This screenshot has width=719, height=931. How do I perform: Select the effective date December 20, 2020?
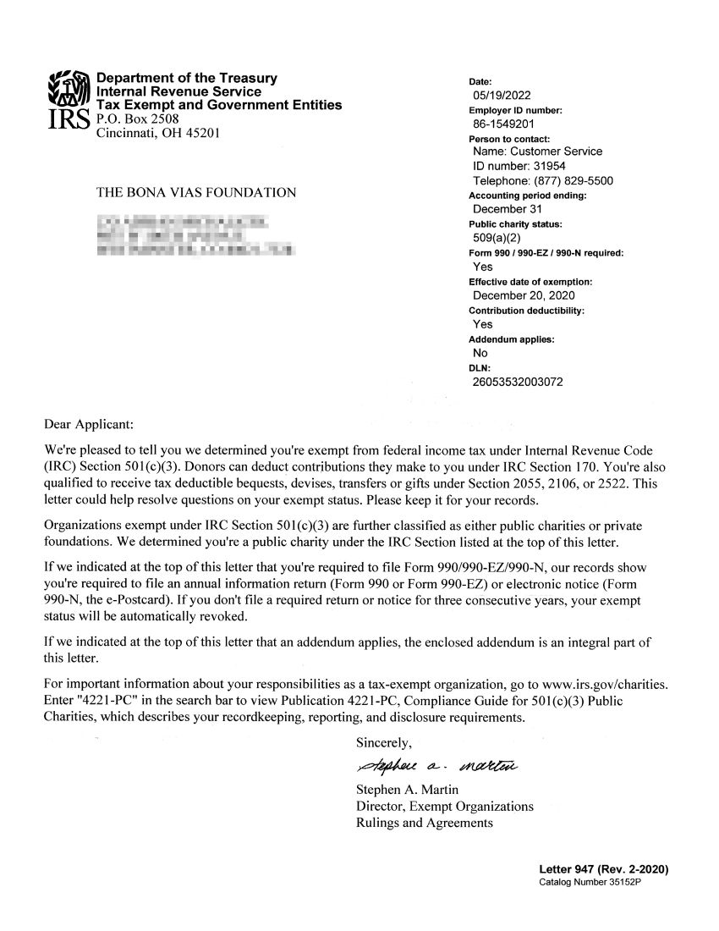click(524, 295)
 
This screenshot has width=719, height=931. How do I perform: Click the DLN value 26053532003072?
click(518, 383)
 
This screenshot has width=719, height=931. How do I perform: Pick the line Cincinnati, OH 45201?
click(159, 133)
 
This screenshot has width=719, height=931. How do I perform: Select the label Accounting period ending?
click(526, 196)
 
